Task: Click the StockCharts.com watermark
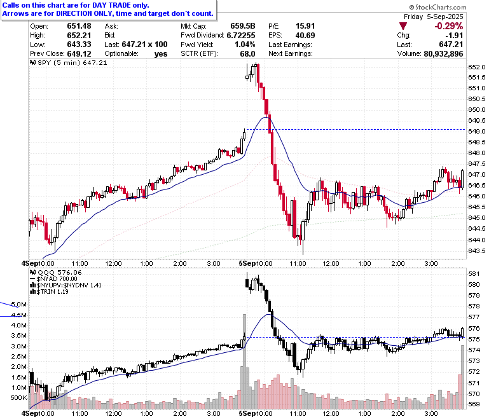[x=437, y=7]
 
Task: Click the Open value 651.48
[x=79, y=26]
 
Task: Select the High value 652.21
[x=79, y=35]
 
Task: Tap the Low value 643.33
[x=79, y=45]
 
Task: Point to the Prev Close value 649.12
[x=79, y=54]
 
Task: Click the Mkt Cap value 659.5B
[x=243, y=26]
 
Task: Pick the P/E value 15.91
[x=305, y=26]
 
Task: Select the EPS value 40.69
[x=305, y=35]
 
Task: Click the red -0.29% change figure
[x=448, y=26]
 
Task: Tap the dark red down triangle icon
[x=403, y=26]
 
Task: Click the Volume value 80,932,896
[x=443, y=54]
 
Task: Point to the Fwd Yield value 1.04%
[x=245, y=45]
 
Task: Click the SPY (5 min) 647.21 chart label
[x=68, y=62]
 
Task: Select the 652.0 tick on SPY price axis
[x=477, y=67]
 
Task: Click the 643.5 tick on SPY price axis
[x=477, y=251]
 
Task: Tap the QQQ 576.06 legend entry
[x=56, y=272]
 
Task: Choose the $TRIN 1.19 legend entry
[x=49, y=292]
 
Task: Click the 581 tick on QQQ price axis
[x=474, y=273]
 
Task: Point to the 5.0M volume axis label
[x=19, y=304]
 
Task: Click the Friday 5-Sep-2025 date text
[x=434, y=17]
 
